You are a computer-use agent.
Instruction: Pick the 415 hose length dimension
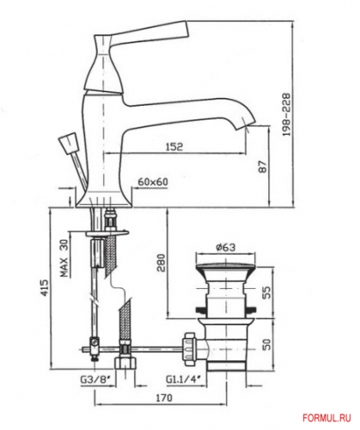pyautogui.click(x=33, y=294)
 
